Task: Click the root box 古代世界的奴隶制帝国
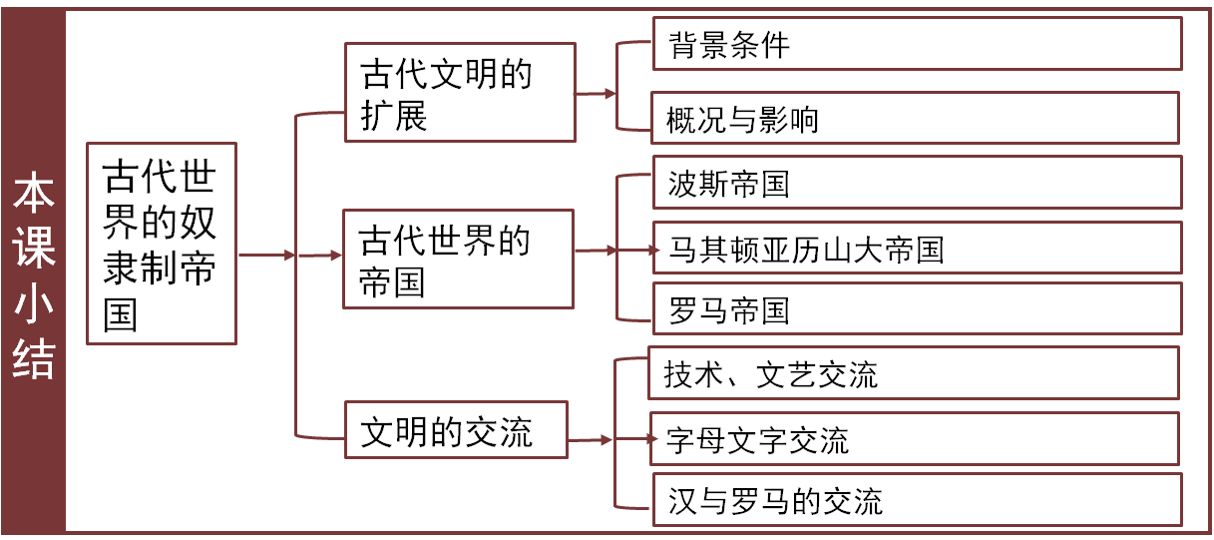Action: pos(162,244)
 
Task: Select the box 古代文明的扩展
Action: pos(460,92)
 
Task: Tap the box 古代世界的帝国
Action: pos(458,259)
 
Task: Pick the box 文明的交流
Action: pos(456,430)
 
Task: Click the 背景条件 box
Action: pos(917,44)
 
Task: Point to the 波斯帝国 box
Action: pos(917,183)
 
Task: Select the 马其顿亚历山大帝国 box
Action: pos(917,248)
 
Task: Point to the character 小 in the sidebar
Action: pos(33,304)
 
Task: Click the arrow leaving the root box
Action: pos(266,255)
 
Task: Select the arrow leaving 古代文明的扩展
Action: pos(596,95)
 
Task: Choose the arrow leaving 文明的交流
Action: pos(591,439)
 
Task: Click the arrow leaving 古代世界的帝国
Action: pos(597,251)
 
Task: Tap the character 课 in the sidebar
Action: pos(33,251)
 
